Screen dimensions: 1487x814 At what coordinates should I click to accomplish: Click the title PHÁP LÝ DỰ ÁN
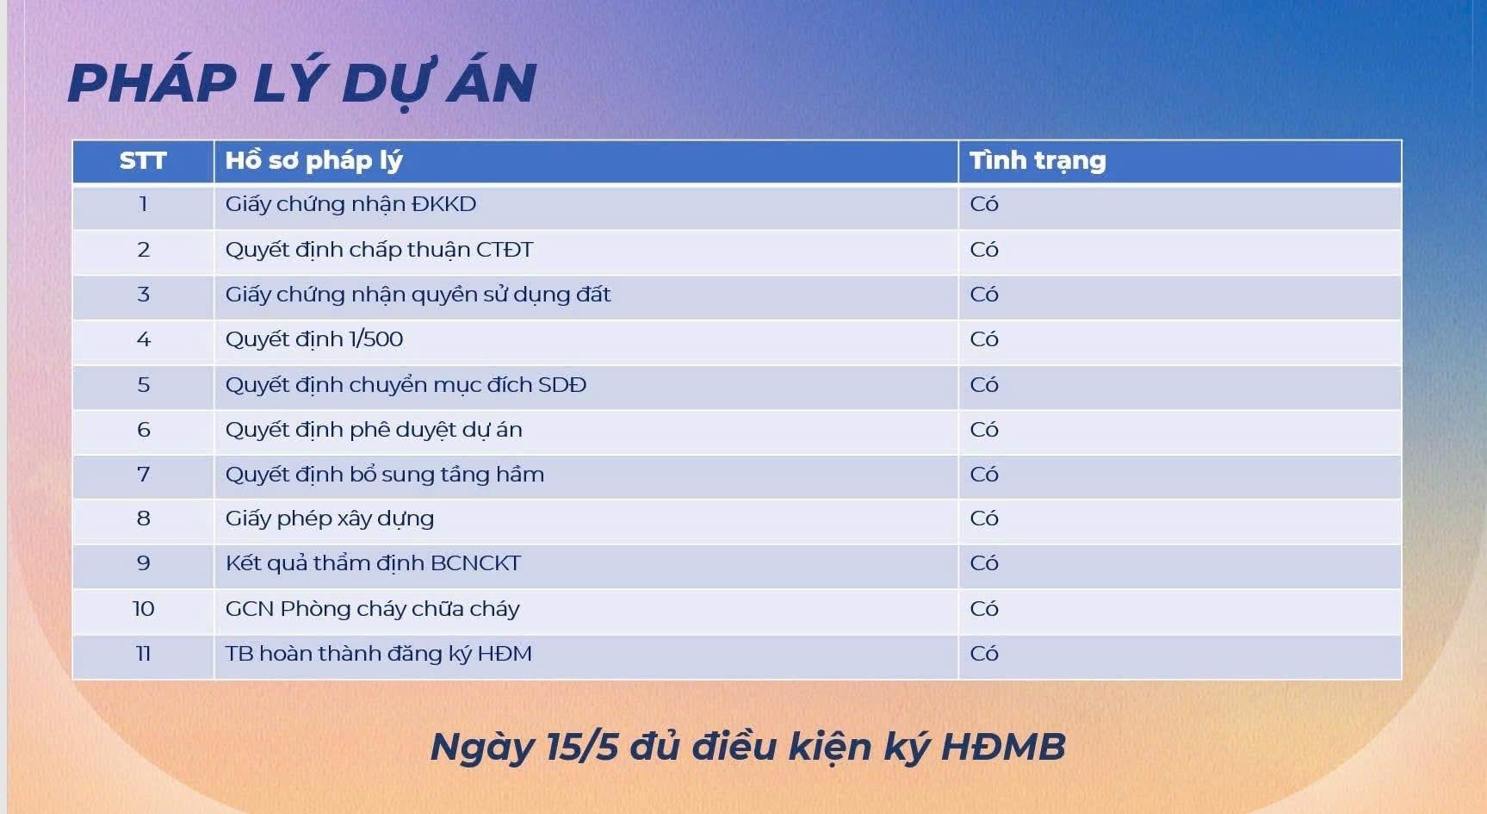[302, 84]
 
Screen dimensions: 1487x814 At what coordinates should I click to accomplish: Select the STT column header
[143, 161]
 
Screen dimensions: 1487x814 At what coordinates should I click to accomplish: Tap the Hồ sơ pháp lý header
[313, 161]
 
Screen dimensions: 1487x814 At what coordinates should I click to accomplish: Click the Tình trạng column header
[1038, 161]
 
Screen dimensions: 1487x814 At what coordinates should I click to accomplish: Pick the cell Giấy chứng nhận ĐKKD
[350, 205]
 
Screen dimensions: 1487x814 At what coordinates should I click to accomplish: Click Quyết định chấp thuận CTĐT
[379, 251]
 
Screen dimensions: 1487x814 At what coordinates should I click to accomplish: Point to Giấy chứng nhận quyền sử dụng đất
[418, 295]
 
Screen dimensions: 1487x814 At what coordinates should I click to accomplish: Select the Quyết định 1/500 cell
[314, 340]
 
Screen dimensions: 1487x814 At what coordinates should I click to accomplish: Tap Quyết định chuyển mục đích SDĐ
[406, 385]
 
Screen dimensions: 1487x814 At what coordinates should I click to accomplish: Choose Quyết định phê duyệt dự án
[374, 430]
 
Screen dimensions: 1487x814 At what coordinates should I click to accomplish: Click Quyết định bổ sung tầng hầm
[385, 475]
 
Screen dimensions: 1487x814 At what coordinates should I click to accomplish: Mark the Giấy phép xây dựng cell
[330, 519]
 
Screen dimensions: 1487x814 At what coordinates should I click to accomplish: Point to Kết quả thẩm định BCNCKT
[373, 563]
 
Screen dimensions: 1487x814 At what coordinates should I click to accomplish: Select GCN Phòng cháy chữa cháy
[372, 609]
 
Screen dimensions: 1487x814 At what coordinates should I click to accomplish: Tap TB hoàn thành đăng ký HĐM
[379, 654]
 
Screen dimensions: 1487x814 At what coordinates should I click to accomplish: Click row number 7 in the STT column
[143, 475]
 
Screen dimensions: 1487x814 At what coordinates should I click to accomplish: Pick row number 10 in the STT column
[143, 609]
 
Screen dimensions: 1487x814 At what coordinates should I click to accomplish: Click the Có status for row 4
[984, 339]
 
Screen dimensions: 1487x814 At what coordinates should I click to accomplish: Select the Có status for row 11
[984, 654]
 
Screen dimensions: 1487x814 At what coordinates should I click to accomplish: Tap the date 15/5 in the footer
[582, 747]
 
